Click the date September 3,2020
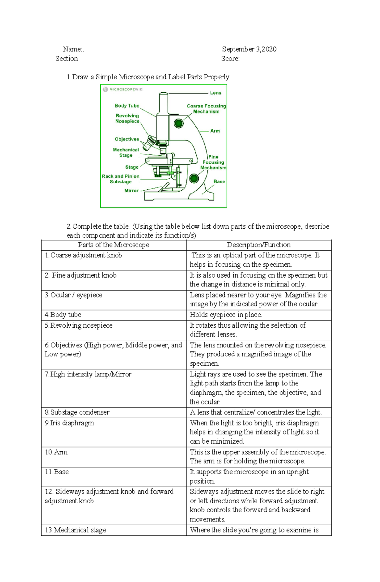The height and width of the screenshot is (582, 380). [249, 49]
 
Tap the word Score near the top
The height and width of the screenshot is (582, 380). [230, 59]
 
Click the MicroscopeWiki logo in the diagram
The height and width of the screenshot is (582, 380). [123, 89]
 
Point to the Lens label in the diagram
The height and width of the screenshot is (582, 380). [215, 93]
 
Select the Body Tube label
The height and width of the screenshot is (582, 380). [127, 106]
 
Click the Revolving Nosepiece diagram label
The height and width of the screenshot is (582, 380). [127, 118]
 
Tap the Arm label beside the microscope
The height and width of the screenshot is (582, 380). [215, 131]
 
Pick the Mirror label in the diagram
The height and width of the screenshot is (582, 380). [131, 191]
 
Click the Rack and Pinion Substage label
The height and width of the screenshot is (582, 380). [120, 179]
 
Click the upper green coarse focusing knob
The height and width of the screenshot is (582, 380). [179, 123]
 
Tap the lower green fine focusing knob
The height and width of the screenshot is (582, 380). [194, 178]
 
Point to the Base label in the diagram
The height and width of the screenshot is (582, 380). [219, 182]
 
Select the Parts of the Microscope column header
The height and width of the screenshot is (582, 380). [113, 245]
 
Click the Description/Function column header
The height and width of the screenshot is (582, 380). [258, 245]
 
